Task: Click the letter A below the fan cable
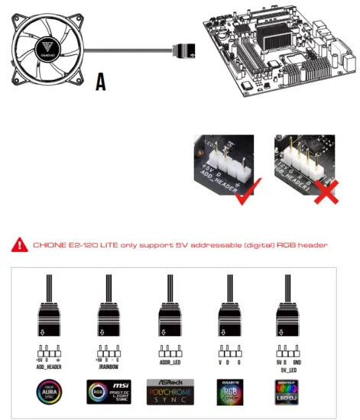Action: (101, 82)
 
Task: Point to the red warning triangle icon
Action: (21, 245)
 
